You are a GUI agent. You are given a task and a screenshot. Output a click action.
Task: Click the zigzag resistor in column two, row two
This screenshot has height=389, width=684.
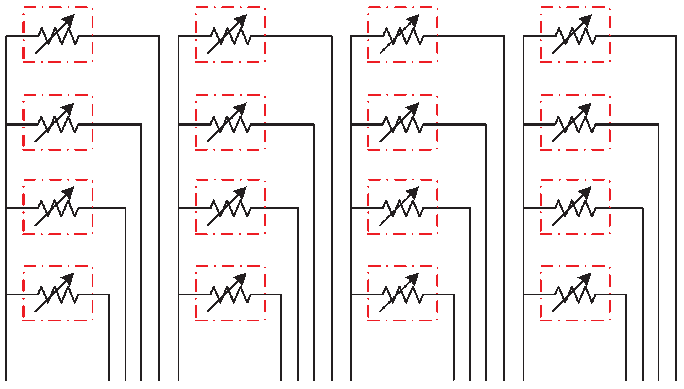(230, 125)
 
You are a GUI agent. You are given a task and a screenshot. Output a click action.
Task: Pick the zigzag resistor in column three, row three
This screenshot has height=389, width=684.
(403, 208)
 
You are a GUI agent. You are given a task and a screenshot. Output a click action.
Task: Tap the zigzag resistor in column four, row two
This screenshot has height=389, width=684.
(575, 125)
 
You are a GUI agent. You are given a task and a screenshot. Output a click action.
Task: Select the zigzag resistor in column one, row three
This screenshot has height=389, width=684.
(58, 208)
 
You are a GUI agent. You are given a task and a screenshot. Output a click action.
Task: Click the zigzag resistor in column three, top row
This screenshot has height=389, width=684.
(403, 36)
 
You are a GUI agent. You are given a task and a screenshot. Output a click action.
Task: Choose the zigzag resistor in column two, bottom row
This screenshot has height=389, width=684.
(230, 294)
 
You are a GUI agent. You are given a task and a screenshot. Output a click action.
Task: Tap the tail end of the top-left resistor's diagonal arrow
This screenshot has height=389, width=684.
(36, 53)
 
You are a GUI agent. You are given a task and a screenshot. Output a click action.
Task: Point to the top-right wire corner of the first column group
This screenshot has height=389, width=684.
(159, 36)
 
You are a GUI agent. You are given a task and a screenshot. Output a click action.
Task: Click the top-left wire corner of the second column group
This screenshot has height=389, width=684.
(179, 36)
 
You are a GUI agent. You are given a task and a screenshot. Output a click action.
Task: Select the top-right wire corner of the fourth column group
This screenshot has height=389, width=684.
(676, 36)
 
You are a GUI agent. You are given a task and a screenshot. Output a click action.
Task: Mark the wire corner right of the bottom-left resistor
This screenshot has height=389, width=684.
(109, 294)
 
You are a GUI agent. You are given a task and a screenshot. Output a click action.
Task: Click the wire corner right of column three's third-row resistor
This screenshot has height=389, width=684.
(470, 208)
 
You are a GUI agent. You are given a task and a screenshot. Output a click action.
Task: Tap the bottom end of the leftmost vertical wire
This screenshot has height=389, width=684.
(6, 380)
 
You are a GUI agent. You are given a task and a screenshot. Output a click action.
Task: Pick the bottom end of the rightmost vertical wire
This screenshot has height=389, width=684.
(676, 380)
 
